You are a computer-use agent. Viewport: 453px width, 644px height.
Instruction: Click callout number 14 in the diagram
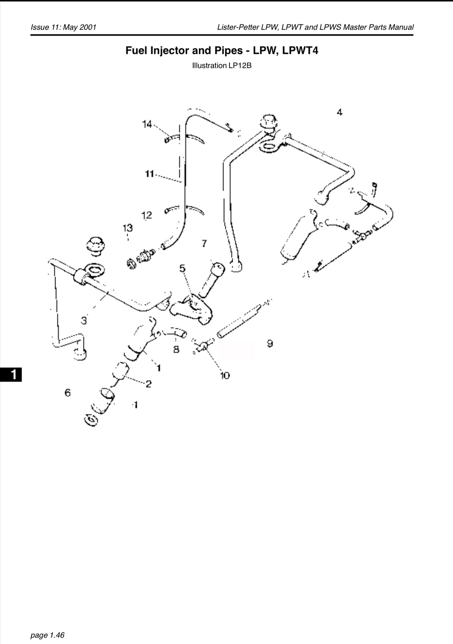(x=147, y=124)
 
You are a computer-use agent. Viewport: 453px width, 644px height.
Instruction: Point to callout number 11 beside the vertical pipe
(x=149, y=174)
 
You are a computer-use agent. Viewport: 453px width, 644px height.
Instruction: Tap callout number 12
(x=147, y=215)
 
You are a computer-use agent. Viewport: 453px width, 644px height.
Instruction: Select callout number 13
(x=128, y=228)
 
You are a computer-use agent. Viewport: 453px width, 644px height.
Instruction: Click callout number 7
(x=204, y=244)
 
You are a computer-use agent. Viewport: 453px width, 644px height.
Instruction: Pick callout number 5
(x=183, y=268)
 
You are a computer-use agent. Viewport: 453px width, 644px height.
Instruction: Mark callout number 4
(x=340, y=112)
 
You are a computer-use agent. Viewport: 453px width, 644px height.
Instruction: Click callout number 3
(x=84, y=320)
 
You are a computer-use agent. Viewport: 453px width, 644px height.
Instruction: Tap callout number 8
(x=176, y=349)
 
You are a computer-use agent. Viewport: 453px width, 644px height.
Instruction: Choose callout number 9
(x=270, y=344)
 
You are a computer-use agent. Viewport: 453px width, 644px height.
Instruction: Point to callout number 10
(x=225, y=376)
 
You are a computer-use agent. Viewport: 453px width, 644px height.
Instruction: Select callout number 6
(x=67, y=392)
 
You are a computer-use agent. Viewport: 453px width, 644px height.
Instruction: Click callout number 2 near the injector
(x=148, y=384)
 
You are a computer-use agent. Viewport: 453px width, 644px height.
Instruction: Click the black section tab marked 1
(x=11, y=375)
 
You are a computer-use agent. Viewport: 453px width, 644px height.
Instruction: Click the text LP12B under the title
(x=240, y=66)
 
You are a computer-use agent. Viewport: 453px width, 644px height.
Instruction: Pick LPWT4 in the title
(x=300, y=50)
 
